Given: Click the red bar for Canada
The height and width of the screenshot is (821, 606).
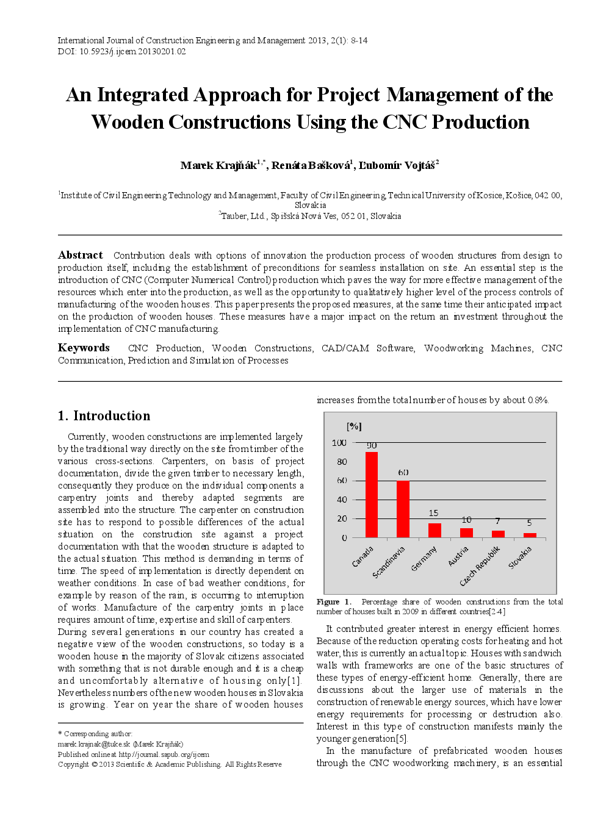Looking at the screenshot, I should tap(371, 494).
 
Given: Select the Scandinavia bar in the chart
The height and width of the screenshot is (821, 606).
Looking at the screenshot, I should tap(403, 509).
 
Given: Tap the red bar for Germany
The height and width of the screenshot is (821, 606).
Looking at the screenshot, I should tap(435, 530).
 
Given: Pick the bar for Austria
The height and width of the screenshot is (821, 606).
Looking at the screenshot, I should tap(466, 532).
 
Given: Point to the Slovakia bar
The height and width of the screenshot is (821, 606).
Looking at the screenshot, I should tap(530, 535).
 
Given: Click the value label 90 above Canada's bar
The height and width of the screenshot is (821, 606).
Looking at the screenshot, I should tap(372, 446).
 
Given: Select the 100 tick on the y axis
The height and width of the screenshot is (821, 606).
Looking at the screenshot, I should tap(339, 443).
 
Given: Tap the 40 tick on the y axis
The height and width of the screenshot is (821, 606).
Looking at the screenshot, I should tap(342, 500).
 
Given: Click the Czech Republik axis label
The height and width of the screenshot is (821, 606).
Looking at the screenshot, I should tap(480, 566).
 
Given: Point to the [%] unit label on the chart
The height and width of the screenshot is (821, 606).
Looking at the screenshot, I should tap(354, 426).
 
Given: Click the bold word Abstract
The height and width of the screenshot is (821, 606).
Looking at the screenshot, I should tap(81, 255).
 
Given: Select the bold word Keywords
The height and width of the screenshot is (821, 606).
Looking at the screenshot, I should tap(84, 348).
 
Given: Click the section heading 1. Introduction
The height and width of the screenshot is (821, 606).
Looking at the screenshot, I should tap(104, 416).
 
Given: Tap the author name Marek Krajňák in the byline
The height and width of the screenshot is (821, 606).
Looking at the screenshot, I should tap(218, 165).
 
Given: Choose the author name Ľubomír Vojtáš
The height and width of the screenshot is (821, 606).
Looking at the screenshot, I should tap(396, 165).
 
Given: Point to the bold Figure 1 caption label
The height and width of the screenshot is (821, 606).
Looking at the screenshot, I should tap(334, 602).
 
